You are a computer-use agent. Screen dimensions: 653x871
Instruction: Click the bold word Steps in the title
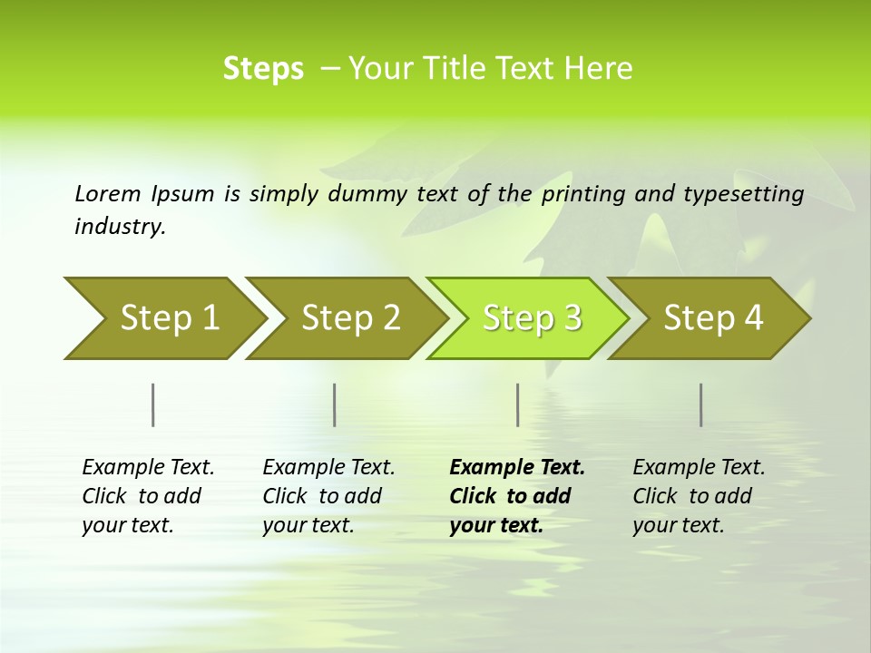point(263,69)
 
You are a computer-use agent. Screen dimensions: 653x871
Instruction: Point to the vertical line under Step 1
point(153,404)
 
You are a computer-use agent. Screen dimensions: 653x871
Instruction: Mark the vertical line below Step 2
point(335,404)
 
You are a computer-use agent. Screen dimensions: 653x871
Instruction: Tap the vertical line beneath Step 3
point(517,404)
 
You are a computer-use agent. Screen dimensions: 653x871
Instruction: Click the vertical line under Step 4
point(701,404)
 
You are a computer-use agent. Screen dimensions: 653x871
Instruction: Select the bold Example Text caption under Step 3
point(516,496)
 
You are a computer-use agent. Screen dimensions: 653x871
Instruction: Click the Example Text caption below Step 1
point(147,496)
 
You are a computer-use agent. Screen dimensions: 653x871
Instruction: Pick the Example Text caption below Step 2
point(328,496)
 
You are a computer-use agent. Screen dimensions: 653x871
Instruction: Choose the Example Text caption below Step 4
point(698,496)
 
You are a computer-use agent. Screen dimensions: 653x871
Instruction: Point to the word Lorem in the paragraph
point(107,193)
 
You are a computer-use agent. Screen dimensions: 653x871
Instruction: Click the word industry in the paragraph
point(119,227)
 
